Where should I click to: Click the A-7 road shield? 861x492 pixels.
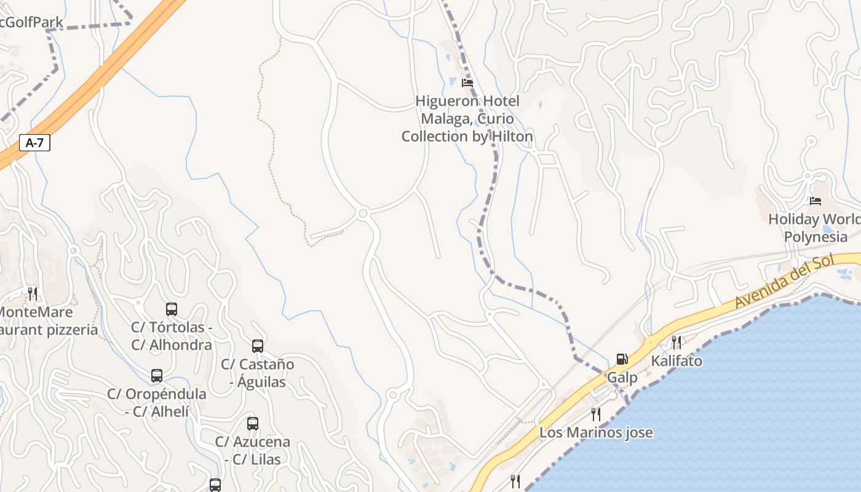pos(34,143)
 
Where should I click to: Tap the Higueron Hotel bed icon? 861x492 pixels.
pos(467,82)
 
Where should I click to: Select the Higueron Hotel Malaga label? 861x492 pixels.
pos(467,119)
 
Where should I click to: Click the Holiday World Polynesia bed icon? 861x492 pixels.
pos(815,201)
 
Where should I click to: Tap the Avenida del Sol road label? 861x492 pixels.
pos(785,282)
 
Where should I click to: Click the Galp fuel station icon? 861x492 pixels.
pos(622,359)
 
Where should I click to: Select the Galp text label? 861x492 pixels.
pos(622,377)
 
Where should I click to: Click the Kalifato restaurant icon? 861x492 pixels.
pos(676,342)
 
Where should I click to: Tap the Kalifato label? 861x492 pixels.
pos(676,360)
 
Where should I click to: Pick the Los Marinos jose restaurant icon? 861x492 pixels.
pos(595,414)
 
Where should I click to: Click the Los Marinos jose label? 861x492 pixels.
pos(595,432)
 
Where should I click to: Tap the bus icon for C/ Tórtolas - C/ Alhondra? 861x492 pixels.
pos(172,309)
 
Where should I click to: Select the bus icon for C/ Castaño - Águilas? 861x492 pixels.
pos(258,346)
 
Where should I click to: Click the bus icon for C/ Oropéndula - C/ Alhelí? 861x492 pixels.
pos(157,375)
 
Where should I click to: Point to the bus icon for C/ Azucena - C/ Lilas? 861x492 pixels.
pos(253,423)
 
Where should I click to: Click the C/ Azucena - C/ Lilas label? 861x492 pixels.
pos(252,450)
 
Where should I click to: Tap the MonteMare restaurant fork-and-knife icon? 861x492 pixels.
pos(33,293)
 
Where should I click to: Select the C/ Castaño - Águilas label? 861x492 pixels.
pos(258,373)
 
